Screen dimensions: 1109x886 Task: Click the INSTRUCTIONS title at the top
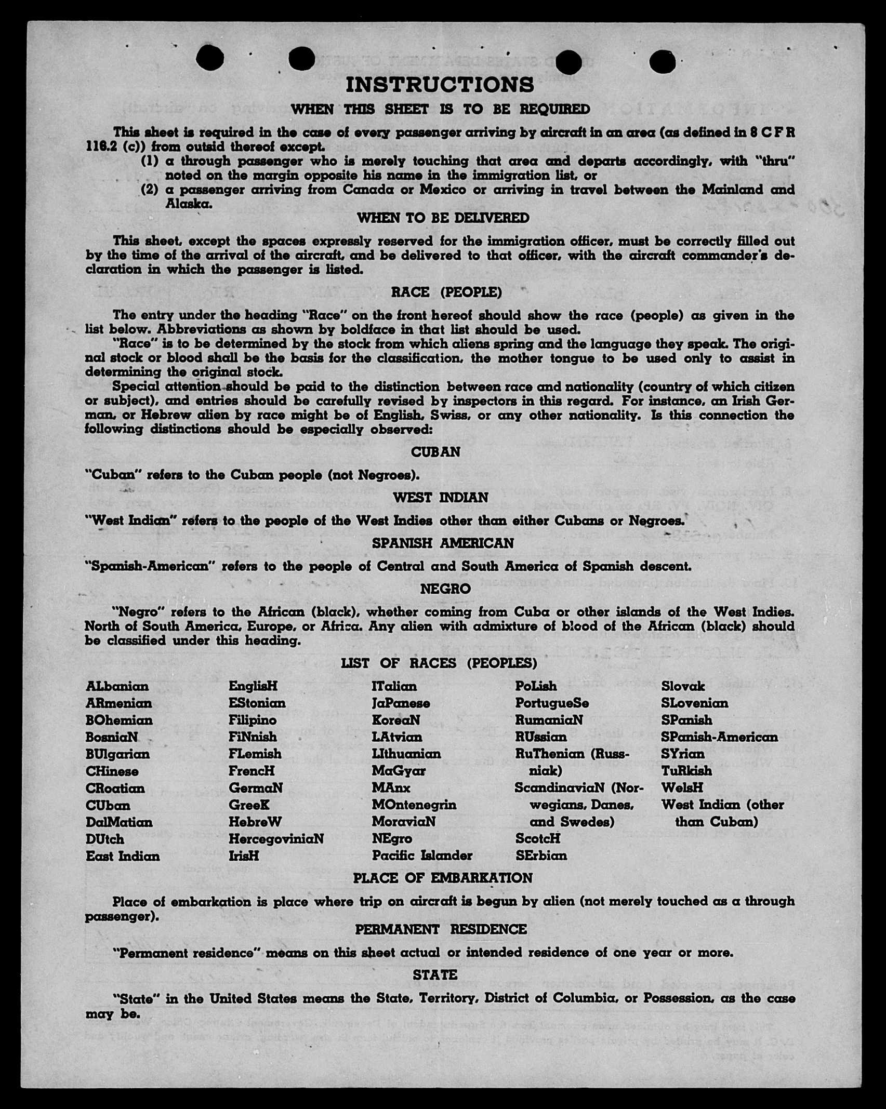[440, 84]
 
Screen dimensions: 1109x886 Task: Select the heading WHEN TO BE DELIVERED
[443, 218]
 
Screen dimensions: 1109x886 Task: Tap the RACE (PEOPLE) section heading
[446, 292]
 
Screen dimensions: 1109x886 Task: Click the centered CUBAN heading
[435, 452]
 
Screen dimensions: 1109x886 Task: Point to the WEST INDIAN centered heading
[440, 498]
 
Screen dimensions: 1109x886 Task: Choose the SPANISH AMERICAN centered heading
[443, 543]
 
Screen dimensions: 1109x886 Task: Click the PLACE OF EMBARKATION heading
[443, 878]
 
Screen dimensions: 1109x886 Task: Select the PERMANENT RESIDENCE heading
[441, 929]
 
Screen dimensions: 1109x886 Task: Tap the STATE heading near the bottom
[435, 975]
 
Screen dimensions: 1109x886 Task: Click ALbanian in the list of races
[117, 686]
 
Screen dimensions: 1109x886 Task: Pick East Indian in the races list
[123, 856]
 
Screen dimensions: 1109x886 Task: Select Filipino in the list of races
[253, 720]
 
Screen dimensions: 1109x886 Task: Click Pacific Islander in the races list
[422, 856]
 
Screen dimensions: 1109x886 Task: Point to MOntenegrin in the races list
[414, 805]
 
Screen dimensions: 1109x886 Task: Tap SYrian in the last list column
[683, 754]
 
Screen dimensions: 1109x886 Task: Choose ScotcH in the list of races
[537, 838]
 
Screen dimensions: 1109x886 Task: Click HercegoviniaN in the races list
[276, 839]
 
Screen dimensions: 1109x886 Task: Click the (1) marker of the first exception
[150, 161]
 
